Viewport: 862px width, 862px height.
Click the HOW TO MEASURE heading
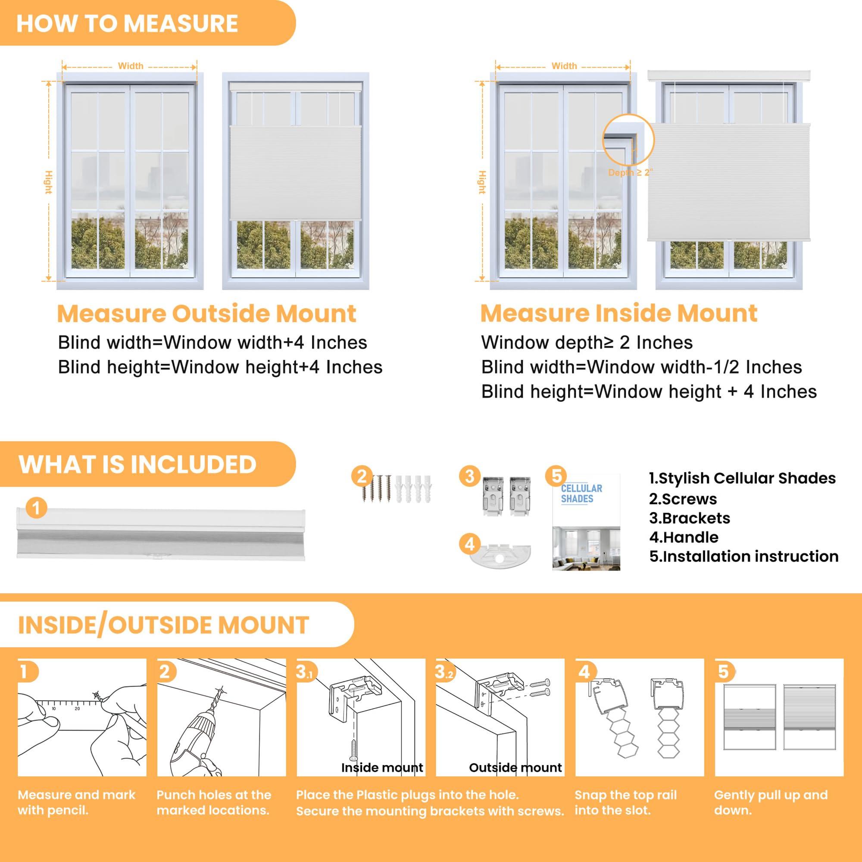pyautogui.click(x=127, y=23)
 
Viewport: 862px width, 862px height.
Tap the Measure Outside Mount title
pyautogui.click(x=206, y=314)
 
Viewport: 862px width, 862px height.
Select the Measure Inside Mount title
pyautogui.click(x=618, y=313)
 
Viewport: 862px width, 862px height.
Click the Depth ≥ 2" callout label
pyautogui.click(x=630, y=173)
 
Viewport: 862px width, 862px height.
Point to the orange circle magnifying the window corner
pyautogui.click(x=628, y=139)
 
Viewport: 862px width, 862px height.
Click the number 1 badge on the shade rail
pyautogui.click(x=37, y=508)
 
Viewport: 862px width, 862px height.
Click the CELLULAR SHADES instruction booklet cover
pyautogui.click(x=586, y=522)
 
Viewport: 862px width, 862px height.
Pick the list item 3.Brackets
pyautogui.click(x=689, y=518)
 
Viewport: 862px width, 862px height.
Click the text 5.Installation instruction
pyautogui.click(x=744, y=556)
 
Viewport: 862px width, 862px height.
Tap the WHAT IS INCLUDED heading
pyautogui.click(x=137, y=464)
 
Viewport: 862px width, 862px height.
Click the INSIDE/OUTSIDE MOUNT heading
pyautogui.click(x=163, y=625)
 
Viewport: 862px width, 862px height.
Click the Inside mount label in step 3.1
pyautogui.click(x=382, y=768)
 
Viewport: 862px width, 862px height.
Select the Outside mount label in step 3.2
pyautogui.click(x=515, y=768)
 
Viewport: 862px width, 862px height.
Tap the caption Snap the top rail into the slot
pyautogui.click(x=625, y=802)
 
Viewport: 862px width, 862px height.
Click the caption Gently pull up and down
pyautogui.click(x=771, y=802)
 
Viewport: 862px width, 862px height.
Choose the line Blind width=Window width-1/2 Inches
pyautogui.click(x=641, y=367)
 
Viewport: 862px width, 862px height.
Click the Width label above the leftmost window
pyautogui.click(x=130, y=66)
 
